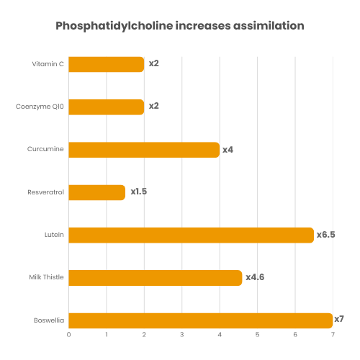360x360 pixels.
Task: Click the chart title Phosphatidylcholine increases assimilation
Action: [180, 26]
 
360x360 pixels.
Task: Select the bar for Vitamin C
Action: [107, 64]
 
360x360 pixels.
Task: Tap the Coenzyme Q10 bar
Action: [107, 107]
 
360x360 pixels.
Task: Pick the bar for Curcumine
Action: [144, 150]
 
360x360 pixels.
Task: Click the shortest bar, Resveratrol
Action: [96, 192]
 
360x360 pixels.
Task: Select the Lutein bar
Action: [191, 235]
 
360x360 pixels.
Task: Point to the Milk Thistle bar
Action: [156, 277]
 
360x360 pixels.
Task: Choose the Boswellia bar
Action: [200, 320]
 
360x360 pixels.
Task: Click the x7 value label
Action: [339, 319]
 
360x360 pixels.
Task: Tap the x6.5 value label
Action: [326, 235]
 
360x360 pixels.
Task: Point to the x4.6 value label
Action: [255, 277]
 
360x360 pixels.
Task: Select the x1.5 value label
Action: [138, 192]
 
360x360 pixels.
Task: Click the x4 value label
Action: [228, 150]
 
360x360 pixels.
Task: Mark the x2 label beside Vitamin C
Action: [153, 64]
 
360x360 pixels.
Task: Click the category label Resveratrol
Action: [45, 192]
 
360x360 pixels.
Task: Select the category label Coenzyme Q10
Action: [40, 107]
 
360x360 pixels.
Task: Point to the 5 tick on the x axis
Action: [257, 335]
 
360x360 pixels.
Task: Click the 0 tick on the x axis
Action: [69, 335]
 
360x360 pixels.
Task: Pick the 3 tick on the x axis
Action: [182, 335]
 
